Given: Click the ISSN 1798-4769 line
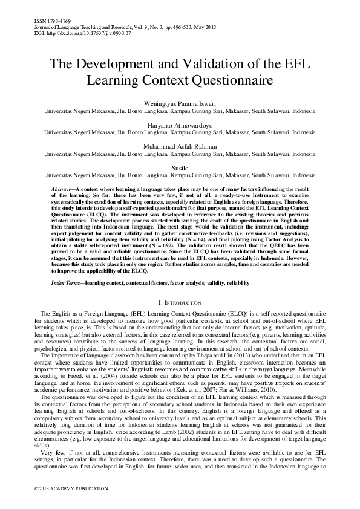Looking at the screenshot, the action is (x=45, y=21).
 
